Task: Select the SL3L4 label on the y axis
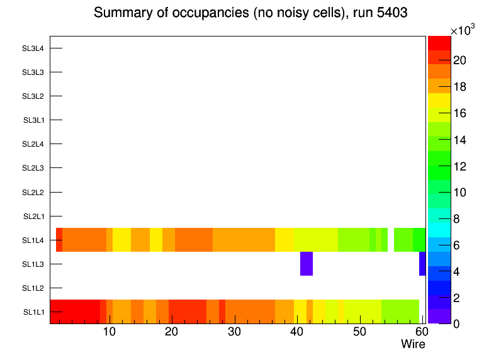33,48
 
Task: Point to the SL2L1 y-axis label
33,217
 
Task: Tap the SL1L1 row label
33,312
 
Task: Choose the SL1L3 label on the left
33,264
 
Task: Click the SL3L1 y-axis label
33,120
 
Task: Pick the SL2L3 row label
33,168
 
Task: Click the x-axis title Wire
413,344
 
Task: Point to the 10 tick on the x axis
109,332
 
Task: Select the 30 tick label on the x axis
234,332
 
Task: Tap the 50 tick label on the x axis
359,332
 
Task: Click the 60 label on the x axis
420,332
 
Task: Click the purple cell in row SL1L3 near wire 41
307,264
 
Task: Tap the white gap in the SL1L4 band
391,240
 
